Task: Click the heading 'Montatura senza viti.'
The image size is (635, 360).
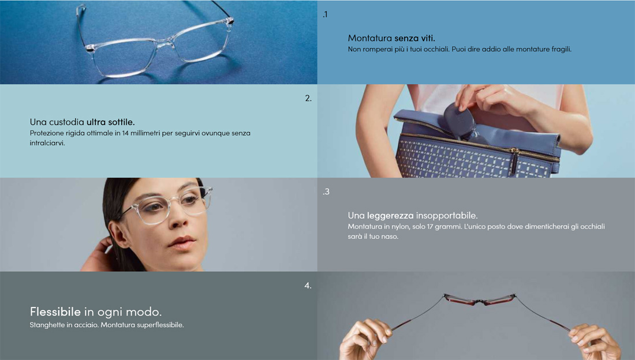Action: point(391,38)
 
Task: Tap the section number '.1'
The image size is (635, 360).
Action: point(325,14)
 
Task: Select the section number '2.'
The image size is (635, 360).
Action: point(308,98)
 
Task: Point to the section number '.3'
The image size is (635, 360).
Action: point(326,192)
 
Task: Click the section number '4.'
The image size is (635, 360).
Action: point(308,286)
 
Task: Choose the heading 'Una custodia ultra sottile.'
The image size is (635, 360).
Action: point(82,122)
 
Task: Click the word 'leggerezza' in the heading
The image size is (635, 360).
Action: point(390,215)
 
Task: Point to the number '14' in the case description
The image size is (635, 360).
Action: point(125,133)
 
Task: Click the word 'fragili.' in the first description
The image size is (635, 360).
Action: point(561,49)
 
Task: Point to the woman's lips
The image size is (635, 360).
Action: point(181,242)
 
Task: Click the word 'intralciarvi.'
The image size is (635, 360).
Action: point(47,143)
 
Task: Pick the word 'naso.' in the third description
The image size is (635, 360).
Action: point(390,237)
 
